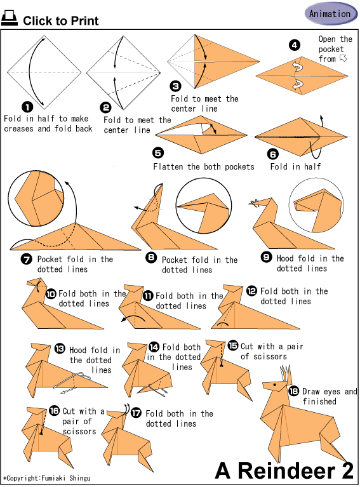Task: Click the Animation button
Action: point(331,14)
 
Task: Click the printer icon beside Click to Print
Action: point(10,18)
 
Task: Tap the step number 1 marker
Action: point(27,107)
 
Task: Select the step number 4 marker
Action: point(294,45)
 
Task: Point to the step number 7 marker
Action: point(26,259)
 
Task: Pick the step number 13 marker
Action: point(60,349)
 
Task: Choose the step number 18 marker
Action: point(294,391)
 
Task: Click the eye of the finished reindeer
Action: point(275,385)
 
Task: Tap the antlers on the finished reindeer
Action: point(286,375)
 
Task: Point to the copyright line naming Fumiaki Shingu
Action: point(46,478)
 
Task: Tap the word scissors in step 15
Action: point(270,356)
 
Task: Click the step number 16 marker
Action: point(54,411)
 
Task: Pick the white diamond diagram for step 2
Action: point(123,72)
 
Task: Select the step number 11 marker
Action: point(148,295)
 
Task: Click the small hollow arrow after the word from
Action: point(343,58)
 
